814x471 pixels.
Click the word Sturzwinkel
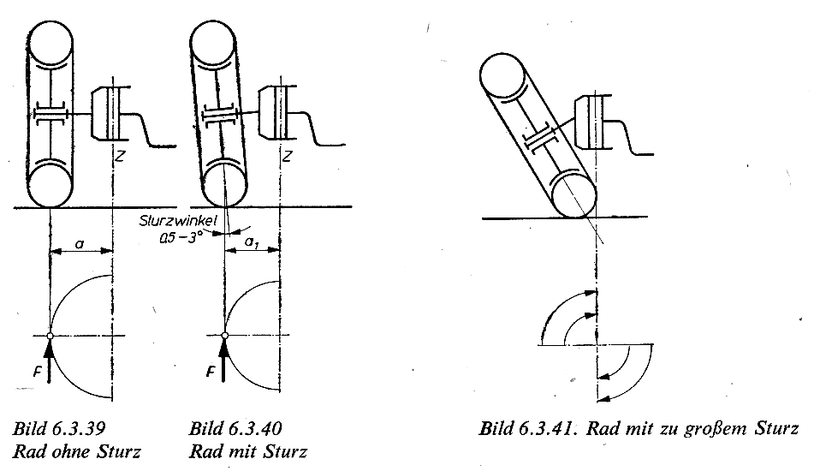[178, 221]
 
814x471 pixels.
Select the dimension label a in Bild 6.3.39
[80, 243]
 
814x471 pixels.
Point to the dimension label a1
[252, 242]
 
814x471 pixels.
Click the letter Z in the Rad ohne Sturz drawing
[120, 155]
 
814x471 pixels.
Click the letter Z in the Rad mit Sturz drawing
[287, 155]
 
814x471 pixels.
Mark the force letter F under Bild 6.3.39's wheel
[37, 372]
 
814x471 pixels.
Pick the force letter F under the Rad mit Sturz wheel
[211, 372]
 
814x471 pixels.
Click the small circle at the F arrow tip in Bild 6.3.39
[50, 337]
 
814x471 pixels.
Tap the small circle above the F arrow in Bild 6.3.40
[225, 336]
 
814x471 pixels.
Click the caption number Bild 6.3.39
[59, 429]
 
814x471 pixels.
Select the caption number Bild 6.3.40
[235, 429]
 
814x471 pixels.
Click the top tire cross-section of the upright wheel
[51, 43]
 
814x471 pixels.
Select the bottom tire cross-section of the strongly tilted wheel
[573, 196]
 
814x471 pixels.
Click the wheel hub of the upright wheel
[51, 114]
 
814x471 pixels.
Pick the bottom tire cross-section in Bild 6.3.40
[224, 183]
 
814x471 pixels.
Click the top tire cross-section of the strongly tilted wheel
[502, 77]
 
